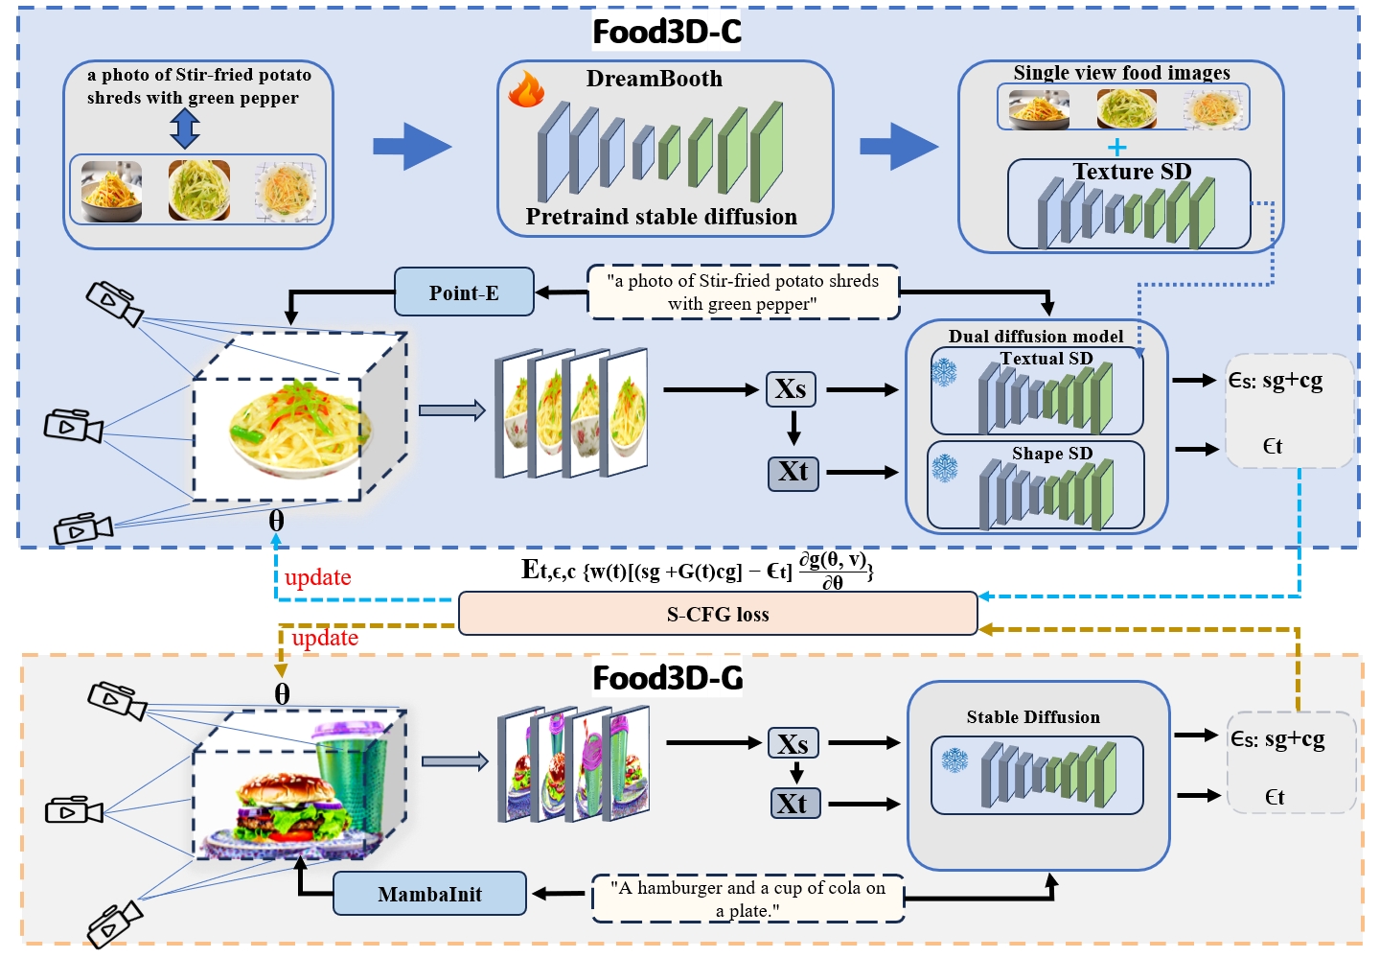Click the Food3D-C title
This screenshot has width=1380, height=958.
(x=667, y=32)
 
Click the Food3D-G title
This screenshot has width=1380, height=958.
(x=668, y=678)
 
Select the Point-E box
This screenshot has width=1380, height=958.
(x=464, y=292)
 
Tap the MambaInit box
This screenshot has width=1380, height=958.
(x=429, y=894)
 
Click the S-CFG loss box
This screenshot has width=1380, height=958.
(x=718, y=614)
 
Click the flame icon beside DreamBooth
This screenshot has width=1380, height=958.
(x=526, y=88)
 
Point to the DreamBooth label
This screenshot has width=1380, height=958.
(x=655, y=79)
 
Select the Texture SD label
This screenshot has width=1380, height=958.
(x=1132, y=172)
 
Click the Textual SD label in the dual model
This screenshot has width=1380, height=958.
(x=1046, y=359)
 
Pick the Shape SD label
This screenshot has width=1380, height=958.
(x=1052, y=454)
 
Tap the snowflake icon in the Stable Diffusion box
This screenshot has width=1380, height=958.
(x=954, y=760)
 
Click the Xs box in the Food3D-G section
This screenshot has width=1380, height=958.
(x=793, y=743)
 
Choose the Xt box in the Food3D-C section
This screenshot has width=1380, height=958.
(x=793, y=472)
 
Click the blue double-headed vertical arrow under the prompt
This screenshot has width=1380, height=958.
(x=185, y=128)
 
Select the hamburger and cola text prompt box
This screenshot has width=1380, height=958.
(x=748, y=899)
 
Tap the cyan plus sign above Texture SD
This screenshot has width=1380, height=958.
(x=1116, y=147)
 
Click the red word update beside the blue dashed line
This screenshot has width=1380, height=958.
(x=318, y=577)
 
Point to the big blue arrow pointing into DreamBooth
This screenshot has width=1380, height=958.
(x=411, y=146)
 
